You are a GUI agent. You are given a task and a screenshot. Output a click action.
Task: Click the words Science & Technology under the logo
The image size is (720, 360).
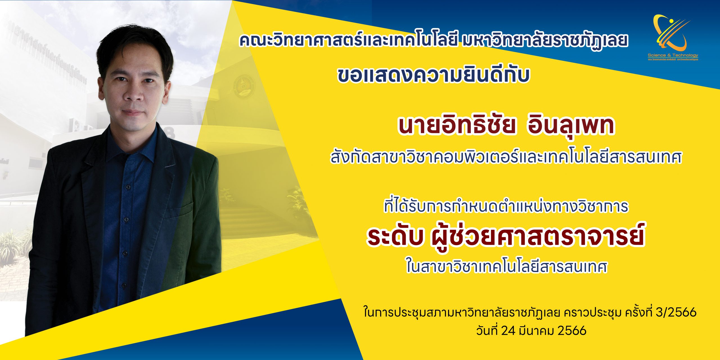673,55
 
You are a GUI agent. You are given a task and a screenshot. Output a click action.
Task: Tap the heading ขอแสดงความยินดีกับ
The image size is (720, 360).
433,75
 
